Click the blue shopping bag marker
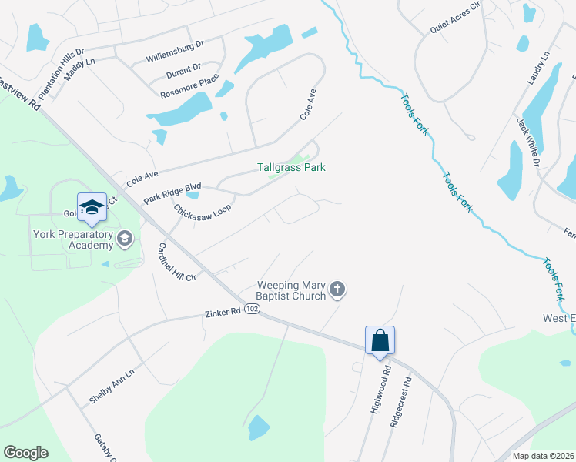380,340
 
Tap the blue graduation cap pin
92,208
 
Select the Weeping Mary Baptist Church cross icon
337,290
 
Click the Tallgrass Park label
291,167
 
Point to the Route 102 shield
252,309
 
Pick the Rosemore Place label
189,88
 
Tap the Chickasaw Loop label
202,210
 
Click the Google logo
25,453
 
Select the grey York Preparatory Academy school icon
124,240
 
